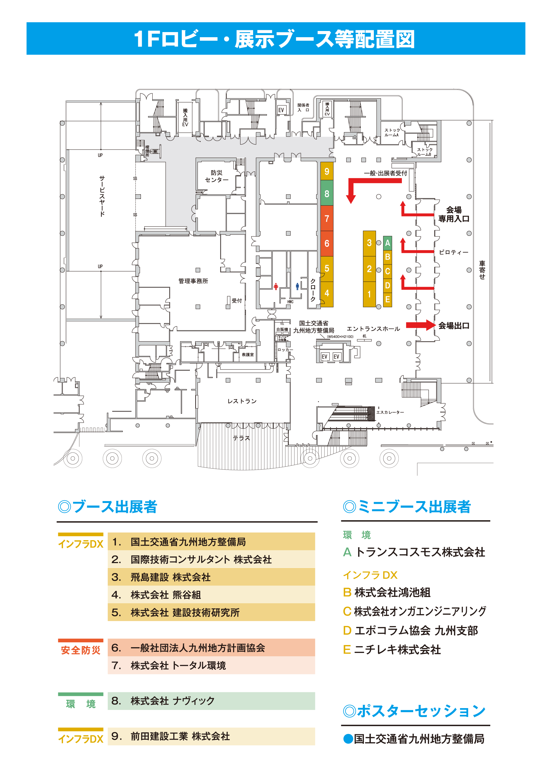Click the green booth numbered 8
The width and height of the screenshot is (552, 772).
pos(327,194)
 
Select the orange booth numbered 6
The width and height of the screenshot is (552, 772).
pos(327,243)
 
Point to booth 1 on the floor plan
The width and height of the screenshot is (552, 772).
pos(369,294)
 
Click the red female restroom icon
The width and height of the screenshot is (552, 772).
pos(276,287)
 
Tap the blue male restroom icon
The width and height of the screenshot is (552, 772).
pos(297,286)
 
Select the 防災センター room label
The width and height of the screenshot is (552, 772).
pos(216,176)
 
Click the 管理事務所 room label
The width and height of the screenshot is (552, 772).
pos(193,281)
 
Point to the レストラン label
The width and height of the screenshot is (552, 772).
pos(242,401)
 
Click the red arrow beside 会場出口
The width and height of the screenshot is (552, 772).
pos(420,325)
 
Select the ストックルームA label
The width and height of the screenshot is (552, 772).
pos(392,133)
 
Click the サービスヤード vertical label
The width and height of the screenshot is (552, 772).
pos(102,196)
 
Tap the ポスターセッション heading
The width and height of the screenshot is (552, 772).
pos(414,711)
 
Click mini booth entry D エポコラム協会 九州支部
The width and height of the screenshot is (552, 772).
pos(410,630)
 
